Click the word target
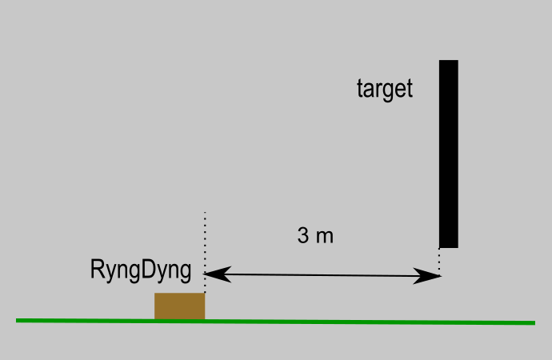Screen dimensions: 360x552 pyautogui.click(x=385, y=89)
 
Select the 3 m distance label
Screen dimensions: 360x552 pyautogui.click(x=314, y=237)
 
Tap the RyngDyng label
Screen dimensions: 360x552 pyautogui.click(x=142, y=270)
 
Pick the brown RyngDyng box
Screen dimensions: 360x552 pyautogui.click(x=179, y=306)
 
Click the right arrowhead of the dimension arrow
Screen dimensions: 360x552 pyautogui.click(x=434, y=277)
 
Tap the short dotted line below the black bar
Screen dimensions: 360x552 pyautogui.click(x=439, y=260)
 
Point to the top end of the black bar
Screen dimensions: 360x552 pyautogui.click(x=448, y=62)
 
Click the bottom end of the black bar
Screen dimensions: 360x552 pyautogui.click(x=448, y=246)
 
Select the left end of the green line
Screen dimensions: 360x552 pyautogui.click(x=18, y=320)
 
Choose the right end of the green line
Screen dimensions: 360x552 pyautogui.click(x=533, y=323)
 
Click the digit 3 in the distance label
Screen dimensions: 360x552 pyautogui.click(x=303, y=237)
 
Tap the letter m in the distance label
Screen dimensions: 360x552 pyautogui.click(x=324, y=238)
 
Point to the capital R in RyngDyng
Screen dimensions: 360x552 pyautogui.click(x=98, y=270)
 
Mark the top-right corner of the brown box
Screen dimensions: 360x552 pyautogui.click(x=205, y=294)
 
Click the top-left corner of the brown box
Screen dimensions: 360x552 pyautogui.click(x=155, y=294)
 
